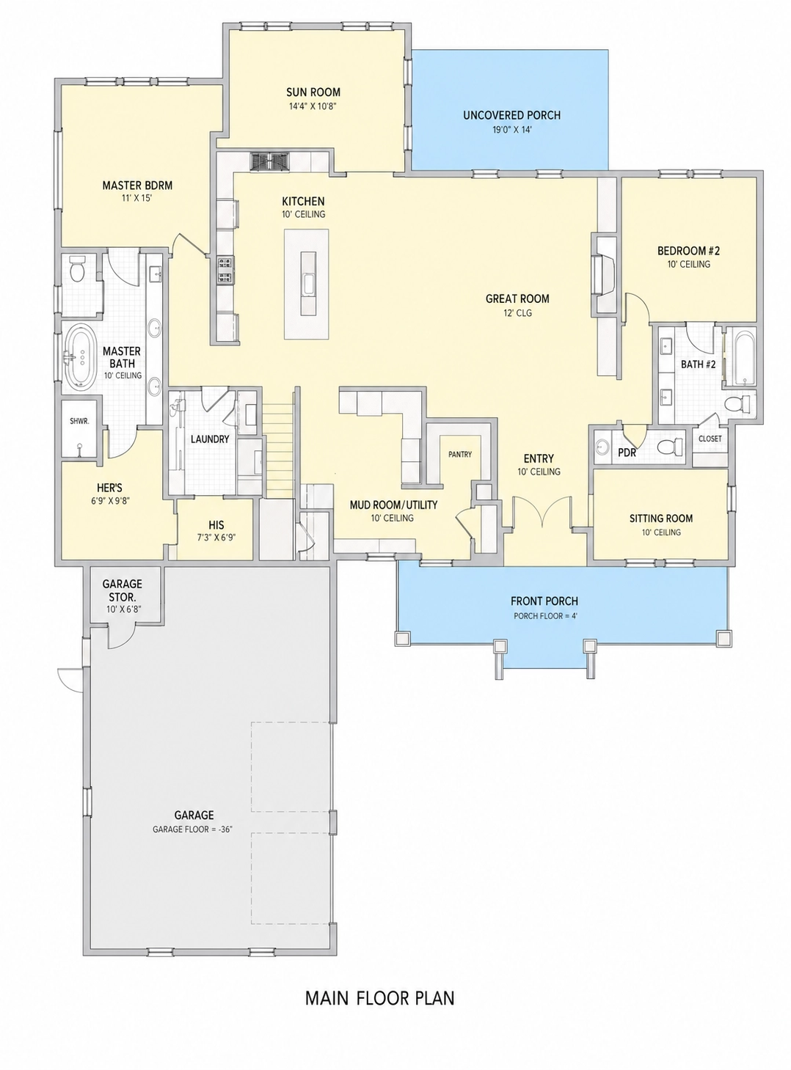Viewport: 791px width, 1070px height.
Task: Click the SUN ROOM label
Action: click(x=313, y=92)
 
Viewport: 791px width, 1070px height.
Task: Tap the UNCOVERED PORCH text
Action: click(x=511, y=115)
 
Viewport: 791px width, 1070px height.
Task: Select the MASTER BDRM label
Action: click(x=137, y=186)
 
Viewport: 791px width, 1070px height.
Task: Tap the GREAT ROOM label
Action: click(x=517, y=298)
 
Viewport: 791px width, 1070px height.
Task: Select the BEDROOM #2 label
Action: click(x=689, y=251)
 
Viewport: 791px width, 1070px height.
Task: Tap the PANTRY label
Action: click(x=459, y=454)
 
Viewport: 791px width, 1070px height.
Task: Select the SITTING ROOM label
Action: click(x=660, y=518)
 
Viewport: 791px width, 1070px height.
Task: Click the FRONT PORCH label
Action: click(x=544, y=601)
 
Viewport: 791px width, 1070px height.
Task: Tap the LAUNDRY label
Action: click(x=209, y=439)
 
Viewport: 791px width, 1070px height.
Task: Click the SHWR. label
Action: click(x=79, y=421)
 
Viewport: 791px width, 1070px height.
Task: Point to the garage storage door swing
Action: click(x=120, y=639)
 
